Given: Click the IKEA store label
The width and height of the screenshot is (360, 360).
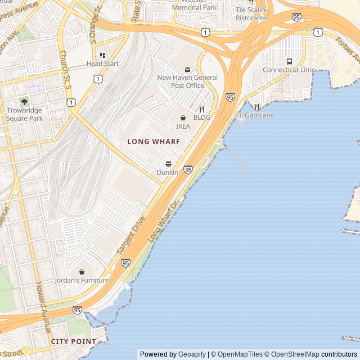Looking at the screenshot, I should [x=183, y=127].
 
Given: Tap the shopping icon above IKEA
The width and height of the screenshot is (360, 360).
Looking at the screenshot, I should [x=183, y=118].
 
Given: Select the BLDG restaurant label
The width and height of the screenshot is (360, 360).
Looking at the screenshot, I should [x=201, y=118].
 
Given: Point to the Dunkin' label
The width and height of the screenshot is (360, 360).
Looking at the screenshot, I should [x=168, y=173].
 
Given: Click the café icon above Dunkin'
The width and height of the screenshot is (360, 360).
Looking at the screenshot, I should [x=168, y=164].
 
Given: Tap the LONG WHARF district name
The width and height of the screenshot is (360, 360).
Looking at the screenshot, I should [x=154, y=142].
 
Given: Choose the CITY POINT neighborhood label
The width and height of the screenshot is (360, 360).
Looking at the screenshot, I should [x=74, y=341].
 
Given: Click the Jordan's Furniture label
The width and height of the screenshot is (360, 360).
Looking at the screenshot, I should [x=82, y=280].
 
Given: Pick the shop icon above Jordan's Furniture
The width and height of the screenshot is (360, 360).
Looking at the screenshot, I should [x=82, y=272].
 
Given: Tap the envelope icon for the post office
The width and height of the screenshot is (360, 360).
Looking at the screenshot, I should [x=187, y=70].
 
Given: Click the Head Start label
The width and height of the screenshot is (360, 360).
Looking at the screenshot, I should [x=102, y=64].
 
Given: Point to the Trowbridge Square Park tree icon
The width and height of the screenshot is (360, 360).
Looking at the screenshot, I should [x=24, y=102].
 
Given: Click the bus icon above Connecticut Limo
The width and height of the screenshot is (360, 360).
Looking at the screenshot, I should [x=289, y=61].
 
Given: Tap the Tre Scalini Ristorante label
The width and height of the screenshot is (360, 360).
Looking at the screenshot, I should [x=251, y=14].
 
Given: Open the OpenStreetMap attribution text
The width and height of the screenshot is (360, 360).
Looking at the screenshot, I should [x=293, y=354].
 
